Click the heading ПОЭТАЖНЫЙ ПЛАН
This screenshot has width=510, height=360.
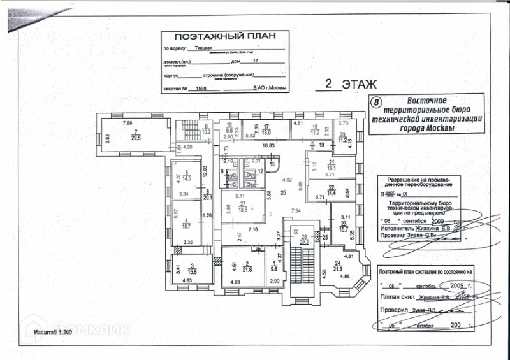pos(213,38)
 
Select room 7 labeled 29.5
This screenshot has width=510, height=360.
pos(135,134)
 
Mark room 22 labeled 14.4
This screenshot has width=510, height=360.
pos(331,189)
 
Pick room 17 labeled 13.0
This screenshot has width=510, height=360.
pos(267,129)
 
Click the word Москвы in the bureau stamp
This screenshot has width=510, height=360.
pos(440,128)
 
